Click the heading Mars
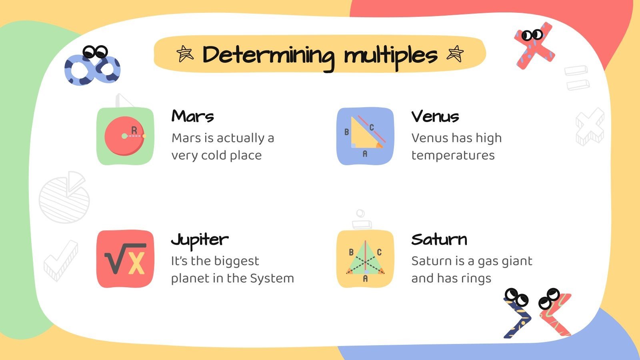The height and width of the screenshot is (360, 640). [x=192, y=116]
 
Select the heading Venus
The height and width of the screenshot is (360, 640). [x=435, y=116]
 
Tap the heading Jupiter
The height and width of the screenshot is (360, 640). [x=200, y=240]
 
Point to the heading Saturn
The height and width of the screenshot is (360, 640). [x=439, y=240]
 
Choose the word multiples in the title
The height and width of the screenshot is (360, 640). [x=390, y=56]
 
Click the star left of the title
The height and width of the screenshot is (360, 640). [x=185, y=54]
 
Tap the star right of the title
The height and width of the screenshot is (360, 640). [x=455, y=54]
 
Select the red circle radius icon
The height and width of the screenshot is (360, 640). [x=125, y=136]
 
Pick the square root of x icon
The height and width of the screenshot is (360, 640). [x=125, y=259]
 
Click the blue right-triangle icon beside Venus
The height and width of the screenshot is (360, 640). [x=365, y=136]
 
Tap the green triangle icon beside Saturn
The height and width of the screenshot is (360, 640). [x=365, y=259]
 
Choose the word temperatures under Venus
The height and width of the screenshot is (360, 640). [x=453, y=155]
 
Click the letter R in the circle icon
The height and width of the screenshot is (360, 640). [x=134, y=130]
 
